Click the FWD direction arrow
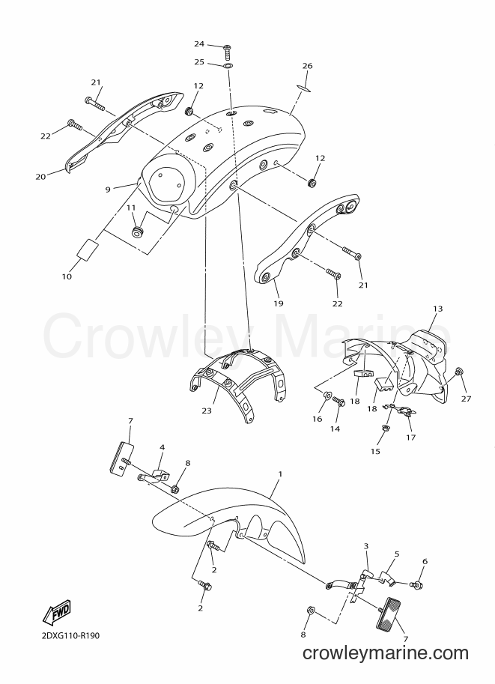(x=56, y=613)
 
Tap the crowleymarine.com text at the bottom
(x=385, y=666)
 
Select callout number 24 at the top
(x=199, y=43)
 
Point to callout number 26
(x=308, y=66)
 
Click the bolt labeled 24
(x=227, y=52)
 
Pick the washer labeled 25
(x=228, y=66)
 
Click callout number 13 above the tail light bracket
(x=438, y=309)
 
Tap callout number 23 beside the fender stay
(x=207, y=411)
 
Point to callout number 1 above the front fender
(x=280, y=473)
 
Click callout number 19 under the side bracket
(x=279, y=303)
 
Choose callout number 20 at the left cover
(x=40, y=177)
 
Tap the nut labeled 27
(x=458, y=372)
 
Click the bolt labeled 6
(x=416, y=584)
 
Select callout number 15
(x=375, y=452)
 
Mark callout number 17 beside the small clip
(x=411, y=438)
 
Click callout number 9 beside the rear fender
(x=108, y=190)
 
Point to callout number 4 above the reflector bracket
(x=162, y=447)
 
